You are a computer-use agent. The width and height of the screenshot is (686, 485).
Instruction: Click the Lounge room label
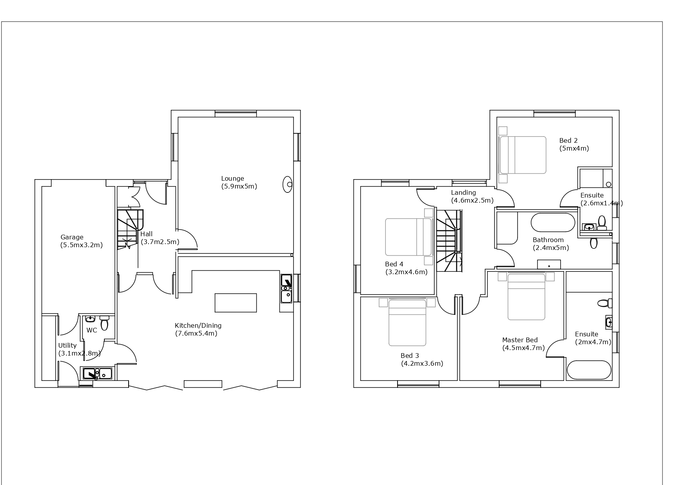(x=233, y=179)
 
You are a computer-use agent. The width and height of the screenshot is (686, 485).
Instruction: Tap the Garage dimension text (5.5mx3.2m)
(x=81, y=245)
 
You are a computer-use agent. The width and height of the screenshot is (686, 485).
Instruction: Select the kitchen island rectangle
(x=236, y=303)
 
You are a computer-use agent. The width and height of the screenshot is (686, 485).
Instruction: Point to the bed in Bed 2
(x=523, y=155)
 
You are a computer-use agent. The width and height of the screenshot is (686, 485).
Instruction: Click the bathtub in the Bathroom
(x=553, y=223)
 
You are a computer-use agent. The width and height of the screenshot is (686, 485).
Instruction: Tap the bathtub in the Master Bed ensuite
(x=589, y=370)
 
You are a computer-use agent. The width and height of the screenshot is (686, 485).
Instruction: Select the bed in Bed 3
(x=407, y=323)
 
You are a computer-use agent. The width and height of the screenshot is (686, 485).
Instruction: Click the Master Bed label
(x=520, y=340)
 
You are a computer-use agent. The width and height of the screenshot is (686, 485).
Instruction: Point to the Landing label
(x=463, y=193)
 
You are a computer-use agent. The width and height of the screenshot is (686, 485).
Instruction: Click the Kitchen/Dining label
(x=198, y=325)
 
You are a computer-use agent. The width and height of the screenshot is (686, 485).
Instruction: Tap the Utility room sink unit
(x=97, y=374)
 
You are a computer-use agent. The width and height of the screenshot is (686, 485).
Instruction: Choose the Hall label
(x=146, y=234)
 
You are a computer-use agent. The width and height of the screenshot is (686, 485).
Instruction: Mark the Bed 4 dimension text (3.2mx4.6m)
(x=407, y=272)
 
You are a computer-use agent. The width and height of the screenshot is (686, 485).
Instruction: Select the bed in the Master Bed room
(x=526, y=297)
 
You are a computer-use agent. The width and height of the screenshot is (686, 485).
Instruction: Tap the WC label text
(x=92, y=331)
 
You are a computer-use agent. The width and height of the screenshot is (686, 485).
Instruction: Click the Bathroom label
(x=548, y=240)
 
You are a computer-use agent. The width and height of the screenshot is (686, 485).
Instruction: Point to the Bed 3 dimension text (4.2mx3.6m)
(x=422, y=364)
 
